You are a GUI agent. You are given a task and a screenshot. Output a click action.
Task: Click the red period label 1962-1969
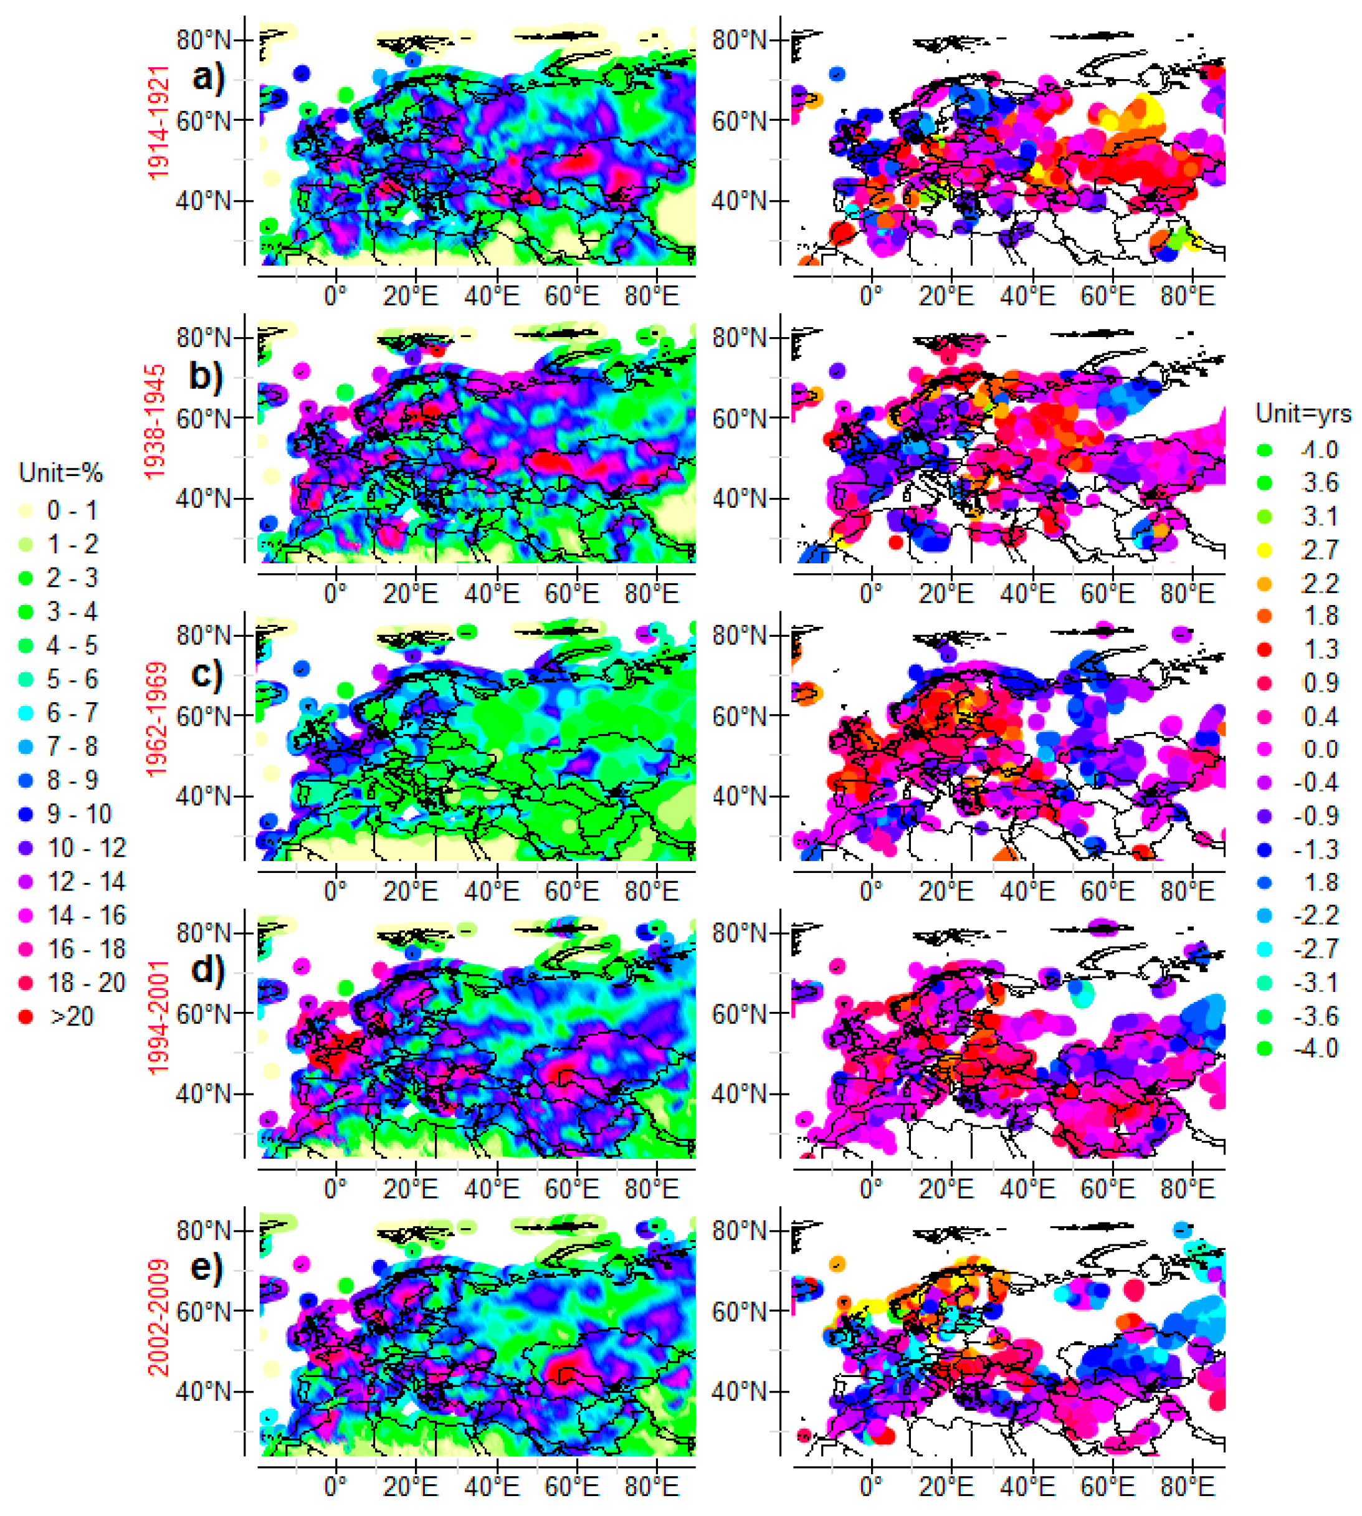[157, 719]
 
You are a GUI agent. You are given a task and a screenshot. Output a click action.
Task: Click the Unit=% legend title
[60, 473]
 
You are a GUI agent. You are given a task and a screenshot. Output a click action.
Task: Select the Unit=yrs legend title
[1303, 414]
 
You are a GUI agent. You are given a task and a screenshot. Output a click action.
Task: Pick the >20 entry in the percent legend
[71, 1017]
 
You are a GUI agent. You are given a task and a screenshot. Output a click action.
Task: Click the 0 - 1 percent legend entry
[72, 510]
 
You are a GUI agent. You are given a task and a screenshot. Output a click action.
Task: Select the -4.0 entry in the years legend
[1316, 1048]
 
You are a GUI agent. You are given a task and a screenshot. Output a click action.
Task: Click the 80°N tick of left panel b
[204, 338]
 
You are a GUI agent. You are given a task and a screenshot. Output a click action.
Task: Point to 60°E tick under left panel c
[572, 892]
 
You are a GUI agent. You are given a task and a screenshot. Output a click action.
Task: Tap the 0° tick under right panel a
[870, 297]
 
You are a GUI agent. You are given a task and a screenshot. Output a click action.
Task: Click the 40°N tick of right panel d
[740, 1094]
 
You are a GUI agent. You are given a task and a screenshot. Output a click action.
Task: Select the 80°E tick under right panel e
[1187, 1486]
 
